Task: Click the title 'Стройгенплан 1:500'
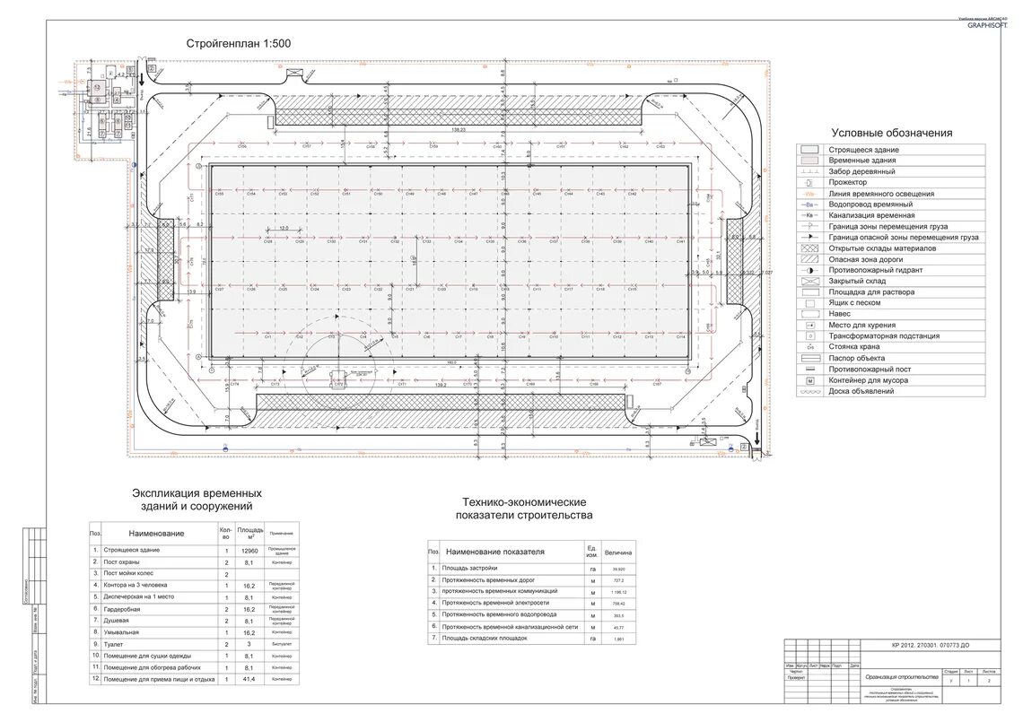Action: tap(239, 43)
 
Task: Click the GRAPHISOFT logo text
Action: tap(987, 25)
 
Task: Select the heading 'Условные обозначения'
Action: tap(891, 134)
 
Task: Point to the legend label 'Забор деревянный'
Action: tap(862, 171)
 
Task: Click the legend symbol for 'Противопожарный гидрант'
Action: tap(809, 270)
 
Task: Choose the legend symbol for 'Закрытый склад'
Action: tap(809, 281)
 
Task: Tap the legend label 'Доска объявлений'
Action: tap(861, 391)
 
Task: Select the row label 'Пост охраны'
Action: tap(129, 561)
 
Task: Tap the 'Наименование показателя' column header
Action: tap(495, 552)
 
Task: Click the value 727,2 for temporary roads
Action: tap(617, 580)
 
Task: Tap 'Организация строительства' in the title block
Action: tap(902, 676)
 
